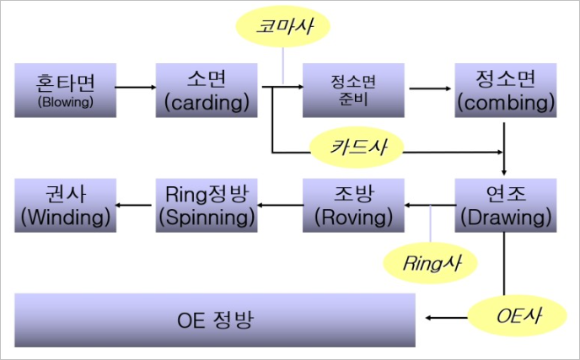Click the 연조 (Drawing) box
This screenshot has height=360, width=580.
coord(505,205)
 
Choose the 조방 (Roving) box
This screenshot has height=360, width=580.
coord(352,205)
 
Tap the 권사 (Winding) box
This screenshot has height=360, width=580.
coord(65,205)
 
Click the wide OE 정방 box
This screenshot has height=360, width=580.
coord(216,320)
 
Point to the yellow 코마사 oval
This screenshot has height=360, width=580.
coord(284,27)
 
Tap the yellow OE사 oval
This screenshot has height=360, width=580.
coord(506,317)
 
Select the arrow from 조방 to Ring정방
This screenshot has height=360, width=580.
coord(281,205)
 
